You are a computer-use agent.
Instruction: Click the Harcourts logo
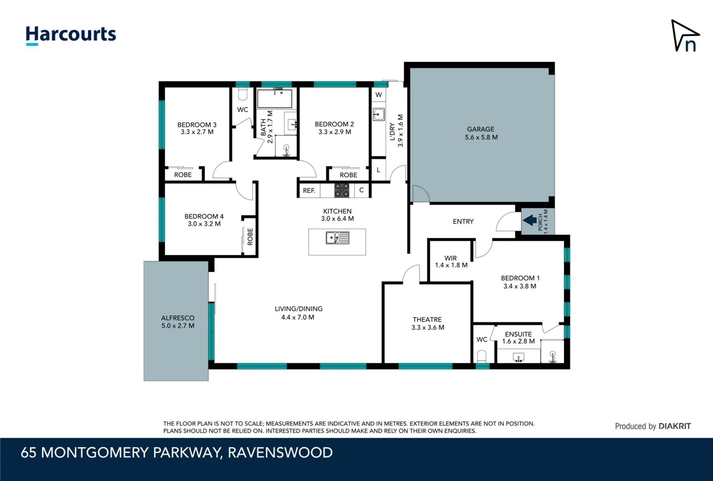tap(71, 35)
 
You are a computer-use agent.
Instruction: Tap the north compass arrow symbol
tap(685, 36)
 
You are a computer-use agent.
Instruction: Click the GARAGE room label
tap(481, 129)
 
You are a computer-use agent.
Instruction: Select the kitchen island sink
tap(337, 238)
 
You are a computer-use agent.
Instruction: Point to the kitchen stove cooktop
tap(342, 190)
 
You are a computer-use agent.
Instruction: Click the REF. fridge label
tap(309, 191)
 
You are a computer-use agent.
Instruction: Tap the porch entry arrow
tap(530, 220)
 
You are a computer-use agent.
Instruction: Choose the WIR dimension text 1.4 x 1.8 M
tap(451, 265)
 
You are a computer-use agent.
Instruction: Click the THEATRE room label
tap(427, 319)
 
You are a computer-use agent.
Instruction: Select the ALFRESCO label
tap(178, 318)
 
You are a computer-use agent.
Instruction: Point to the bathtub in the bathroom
tap(275, 98)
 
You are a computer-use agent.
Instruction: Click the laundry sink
tap(379, 115)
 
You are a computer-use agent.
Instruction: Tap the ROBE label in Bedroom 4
tap(250, 237)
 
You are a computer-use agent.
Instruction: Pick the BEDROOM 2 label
tap(334, 124)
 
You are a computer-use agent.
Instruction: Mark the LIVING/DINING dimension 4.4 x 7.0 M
tap(298, 317)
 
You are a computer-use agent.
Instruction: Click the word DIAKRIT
tap(674, 426)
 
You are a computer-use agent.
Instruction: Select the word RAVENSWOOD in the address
tap(280, 452)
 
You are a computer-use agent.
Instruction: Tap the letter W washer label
tap(379, 95)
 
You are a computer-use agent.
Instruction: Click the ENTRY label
tap(463, 222)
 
